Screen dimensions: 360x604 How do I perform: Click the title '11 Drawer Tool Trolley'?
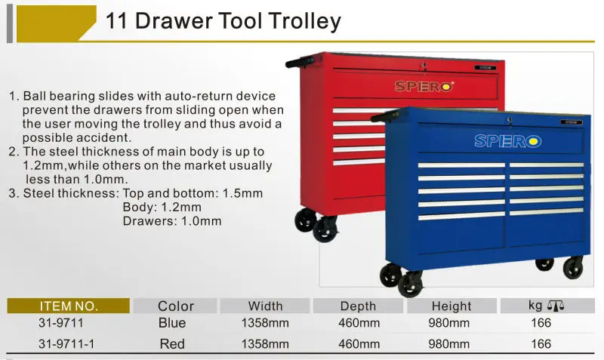coord(223,20)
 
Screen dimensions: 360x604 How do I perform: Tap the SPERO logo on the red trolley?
coord(424,86)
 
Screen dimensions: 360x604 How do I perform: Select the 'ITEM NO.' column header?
coord(69,306)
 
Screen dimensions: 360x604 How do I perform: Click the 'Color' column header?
coord(175,306)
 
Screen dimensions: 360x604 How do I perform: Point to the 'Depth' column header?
coord(358,306)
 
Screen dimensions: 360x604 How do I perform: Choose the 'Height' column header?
coord(451,306)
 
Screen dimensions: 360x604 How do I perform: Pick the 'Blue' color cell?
coord(172,323)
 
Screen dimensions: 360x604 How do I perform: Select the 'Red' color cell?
coord(172,343)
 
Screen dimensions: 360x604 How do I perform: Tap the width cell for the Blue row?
coord(265,323)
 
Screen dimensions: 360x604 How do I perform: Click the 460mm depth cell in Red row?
coord(358,343)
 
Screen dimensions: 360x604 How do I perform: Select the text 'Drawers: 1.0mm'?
coord(171,220)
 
